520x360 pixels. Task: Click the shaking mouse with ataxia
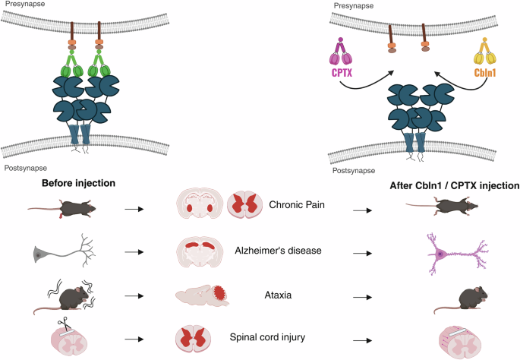coord(61,294)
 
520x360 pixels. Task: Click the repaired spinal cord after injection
coord(461,336)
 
